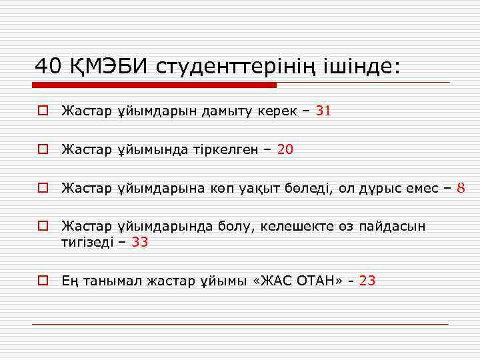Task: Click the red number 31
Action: click(323, 111)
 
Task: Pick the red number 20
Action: click(285, 150)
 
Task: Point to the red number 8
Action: click(461, 189)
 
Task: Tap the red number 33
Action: click(139, 243)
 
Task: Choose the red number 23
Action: click(367, 281)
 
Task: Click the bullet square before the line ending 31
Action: click(42, 111)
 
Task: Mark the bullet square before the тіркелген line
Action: click(42, 150)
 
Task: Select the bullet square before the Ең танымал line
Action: click(42, 281)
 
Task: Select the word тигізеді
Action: click(87, 243)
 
